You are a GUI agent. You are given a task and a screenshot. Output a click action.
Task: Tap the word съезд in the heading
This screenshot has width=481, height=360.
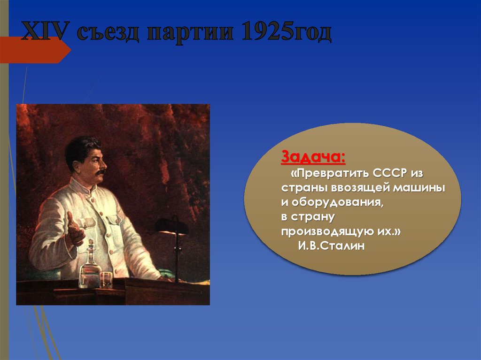[109, 32]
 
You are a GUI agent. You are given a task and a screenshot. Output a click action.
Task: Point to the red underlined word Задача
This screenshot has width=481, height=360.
[313, 158]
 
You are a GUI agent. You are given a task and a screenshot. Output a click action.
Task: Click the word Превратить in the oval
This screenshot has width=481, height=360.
[331, 173]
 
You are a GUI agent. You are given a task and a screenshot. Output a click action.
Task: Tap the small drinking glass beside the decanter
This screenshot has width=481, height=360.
[107, 279]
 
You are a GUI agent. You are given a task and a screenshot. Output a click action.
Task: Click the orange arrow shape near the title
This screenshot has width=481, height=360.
[35, 50]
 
